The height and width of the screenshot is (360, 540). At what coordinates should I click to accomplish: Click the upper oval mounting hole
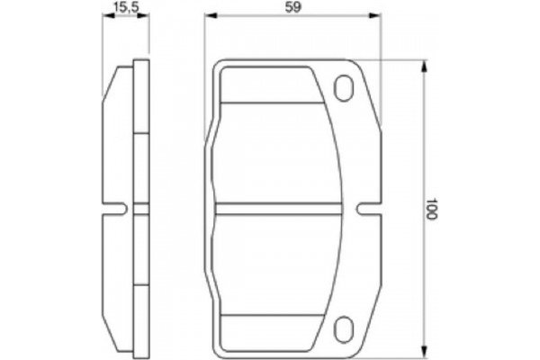click(x=345, y=87)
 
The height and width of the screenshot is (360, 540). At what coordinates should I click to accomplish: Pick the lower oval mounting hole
click(x=345, y=328)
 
